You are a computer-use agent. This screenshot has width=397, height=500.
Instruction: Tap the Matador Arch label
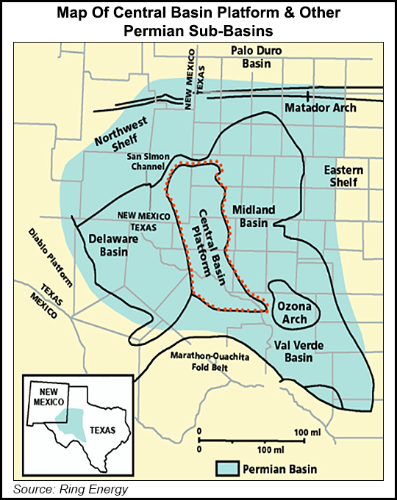[320, 108]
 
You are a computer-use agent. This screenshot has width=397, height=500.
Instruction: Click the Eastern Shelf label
[343, 176]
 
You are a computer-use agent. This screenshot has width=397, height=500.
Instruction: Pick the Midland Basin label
[254, 217]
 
